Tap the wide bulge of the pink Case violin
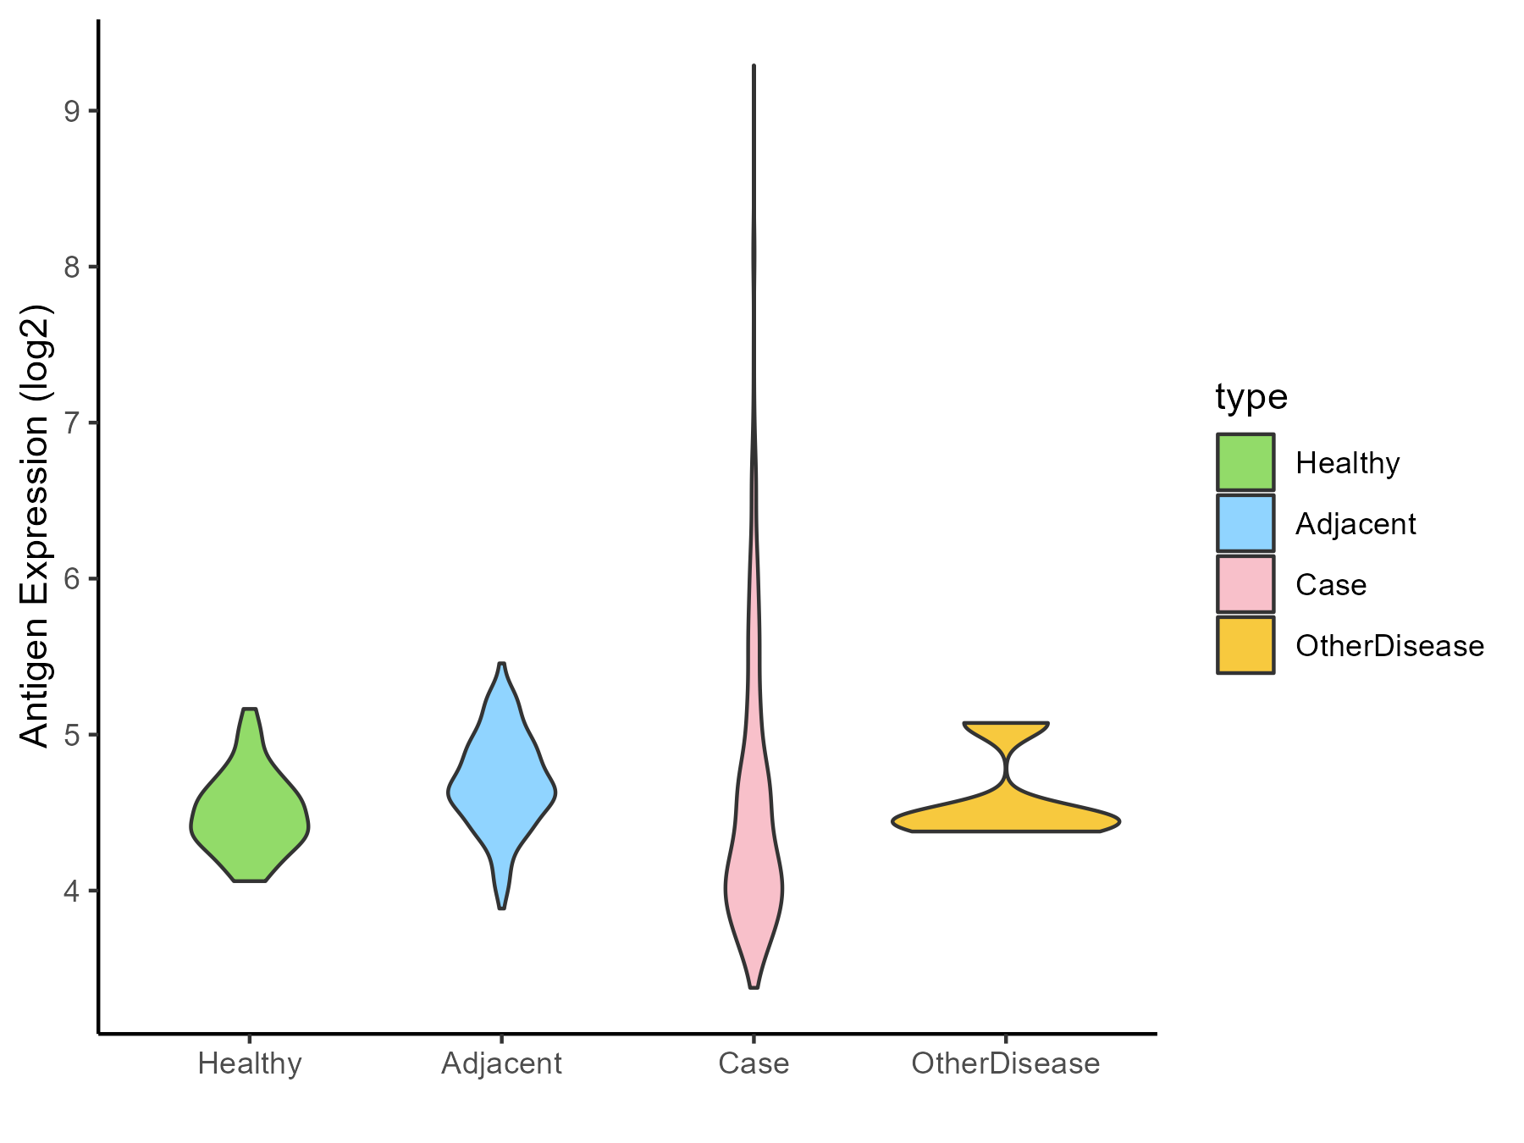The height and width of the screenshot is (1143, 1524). click(754, 889)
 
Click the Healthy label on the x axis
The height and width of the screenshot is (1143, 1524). click(250, 1063)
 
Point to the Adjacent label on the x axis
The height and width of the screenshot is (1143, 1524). click(502, 1063)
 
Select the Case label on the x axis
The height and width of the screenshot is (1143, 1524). click(754, 1063)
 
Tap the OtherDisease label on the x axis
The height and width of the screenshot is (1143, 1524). click(1006, 1063)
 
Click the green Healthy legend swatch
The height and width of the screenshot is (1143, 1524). click(1245, 462)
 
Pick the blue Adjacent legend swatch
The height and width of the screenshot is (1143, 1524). click(1245, 523)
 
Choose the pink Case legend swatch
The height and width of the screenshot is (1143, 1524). click(1245, 584)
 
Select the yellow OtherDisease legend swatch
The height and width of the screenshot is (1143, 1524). click(1245, 645)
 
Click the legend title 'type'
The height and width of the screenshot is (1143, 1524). click(1251, 397)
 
